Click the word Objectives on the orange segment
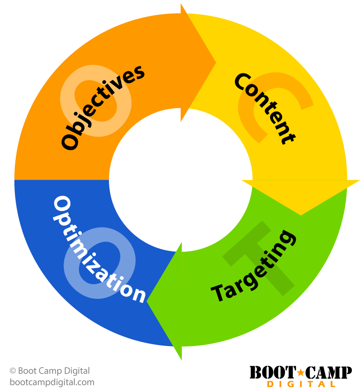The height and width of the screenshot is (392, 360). click(103, 107)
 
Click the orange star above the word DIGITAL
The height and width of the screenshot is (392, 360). click(301, 373)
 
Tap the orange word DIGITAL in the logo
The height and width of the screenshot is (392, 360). click(301, 384)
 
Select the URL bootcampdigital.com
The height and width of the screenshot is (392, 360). click(52, 383)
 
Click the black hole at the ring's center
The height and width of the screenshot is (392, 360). click(180, 180)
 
